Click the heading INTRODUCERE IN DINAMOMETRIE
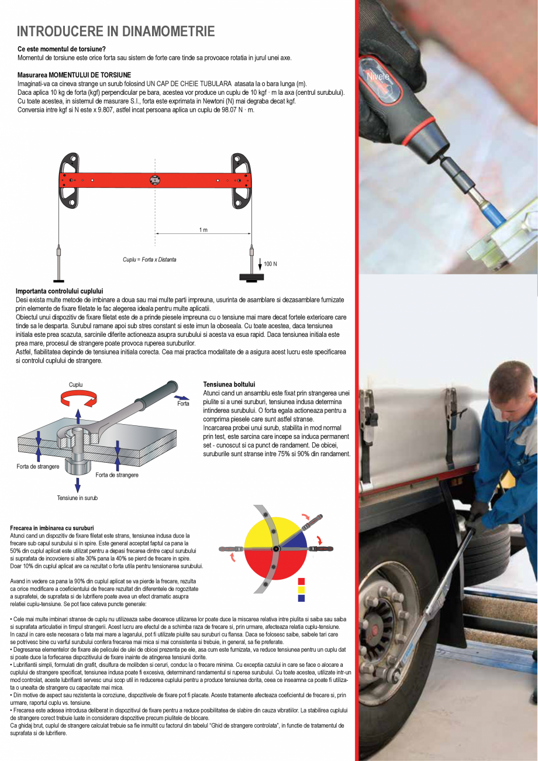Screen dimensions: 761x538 pos(116,32)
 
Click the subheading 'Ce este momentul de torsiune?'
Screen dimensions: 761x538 pos(61,49)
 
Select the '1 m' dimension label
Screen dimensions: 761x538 pos(203,230)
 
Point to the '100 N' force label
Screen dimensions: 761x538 pos(270,264)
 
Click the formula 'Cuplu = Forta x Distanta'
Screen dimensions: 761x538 pos(149,259)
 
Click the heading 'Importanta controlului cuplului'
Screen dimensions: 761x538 pos(59,291)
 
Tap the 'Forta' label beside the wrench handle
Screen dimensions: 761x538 pos(183,404)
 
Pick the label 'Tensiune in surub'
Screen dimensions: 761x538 pos(77,498)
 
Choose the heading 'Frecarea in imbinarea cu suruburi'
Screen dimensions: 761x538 pos(52,528)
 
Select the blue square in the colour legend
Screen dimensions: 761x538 pos(301,598)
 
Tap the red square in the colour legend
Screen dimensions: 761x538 pos(301,581)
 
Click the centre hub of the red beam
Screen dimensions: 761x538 pos(155,180)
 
